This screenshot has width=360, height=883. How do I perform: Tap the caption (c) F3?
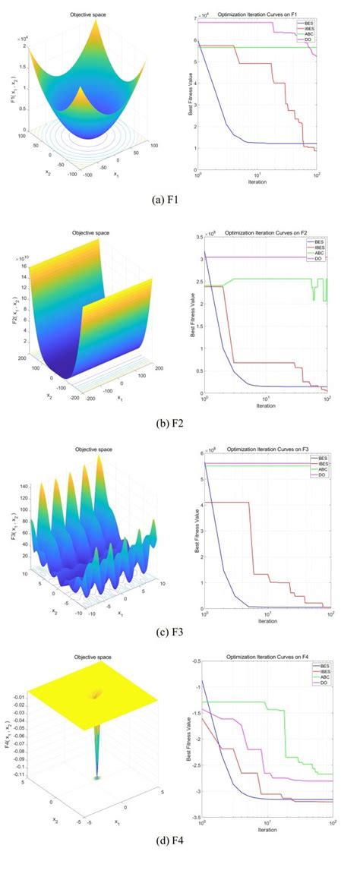coord(179,630)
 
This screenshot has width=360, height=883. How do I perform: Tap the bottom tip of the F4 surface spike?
coord(97,777)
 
